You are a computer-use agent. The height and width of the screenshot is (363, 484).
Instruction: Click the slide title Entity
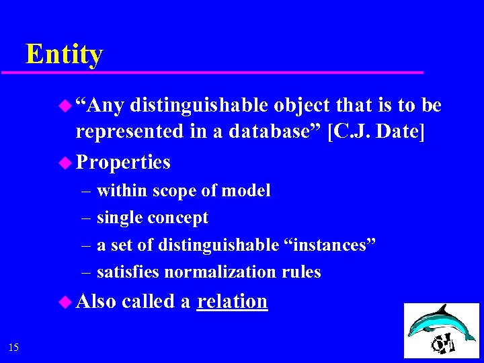[x=64, y=54]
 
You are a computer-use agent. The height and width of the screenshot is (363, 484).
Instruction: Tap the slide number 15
[x=14, y=347]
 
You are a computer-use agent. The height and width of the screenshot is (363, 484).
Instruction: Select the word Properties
[x=123, y=162]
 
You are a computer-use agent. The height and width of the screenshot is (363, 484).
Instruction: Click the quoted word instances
[x=326, y=245]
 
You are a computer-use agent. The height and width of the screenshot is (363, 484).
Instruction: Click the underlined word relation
[x=232, y=301]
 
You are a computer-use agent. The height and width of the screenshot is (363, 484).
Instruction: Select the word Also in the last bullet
[x=96, y=301]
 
